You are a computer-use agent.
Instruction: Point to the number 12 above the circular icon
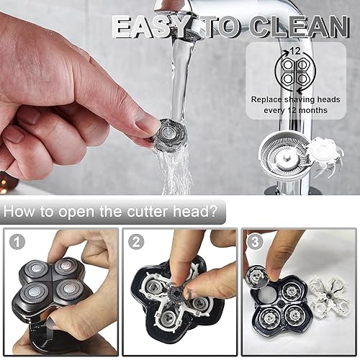[x=295, y=51]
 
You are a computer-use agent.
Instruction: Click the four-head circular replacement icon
[x=295, y=73]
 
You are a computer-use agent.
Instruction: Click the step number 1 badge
[x=17, y=243]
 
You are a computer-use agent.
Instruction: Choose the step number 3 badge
[x=256, y=243]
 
